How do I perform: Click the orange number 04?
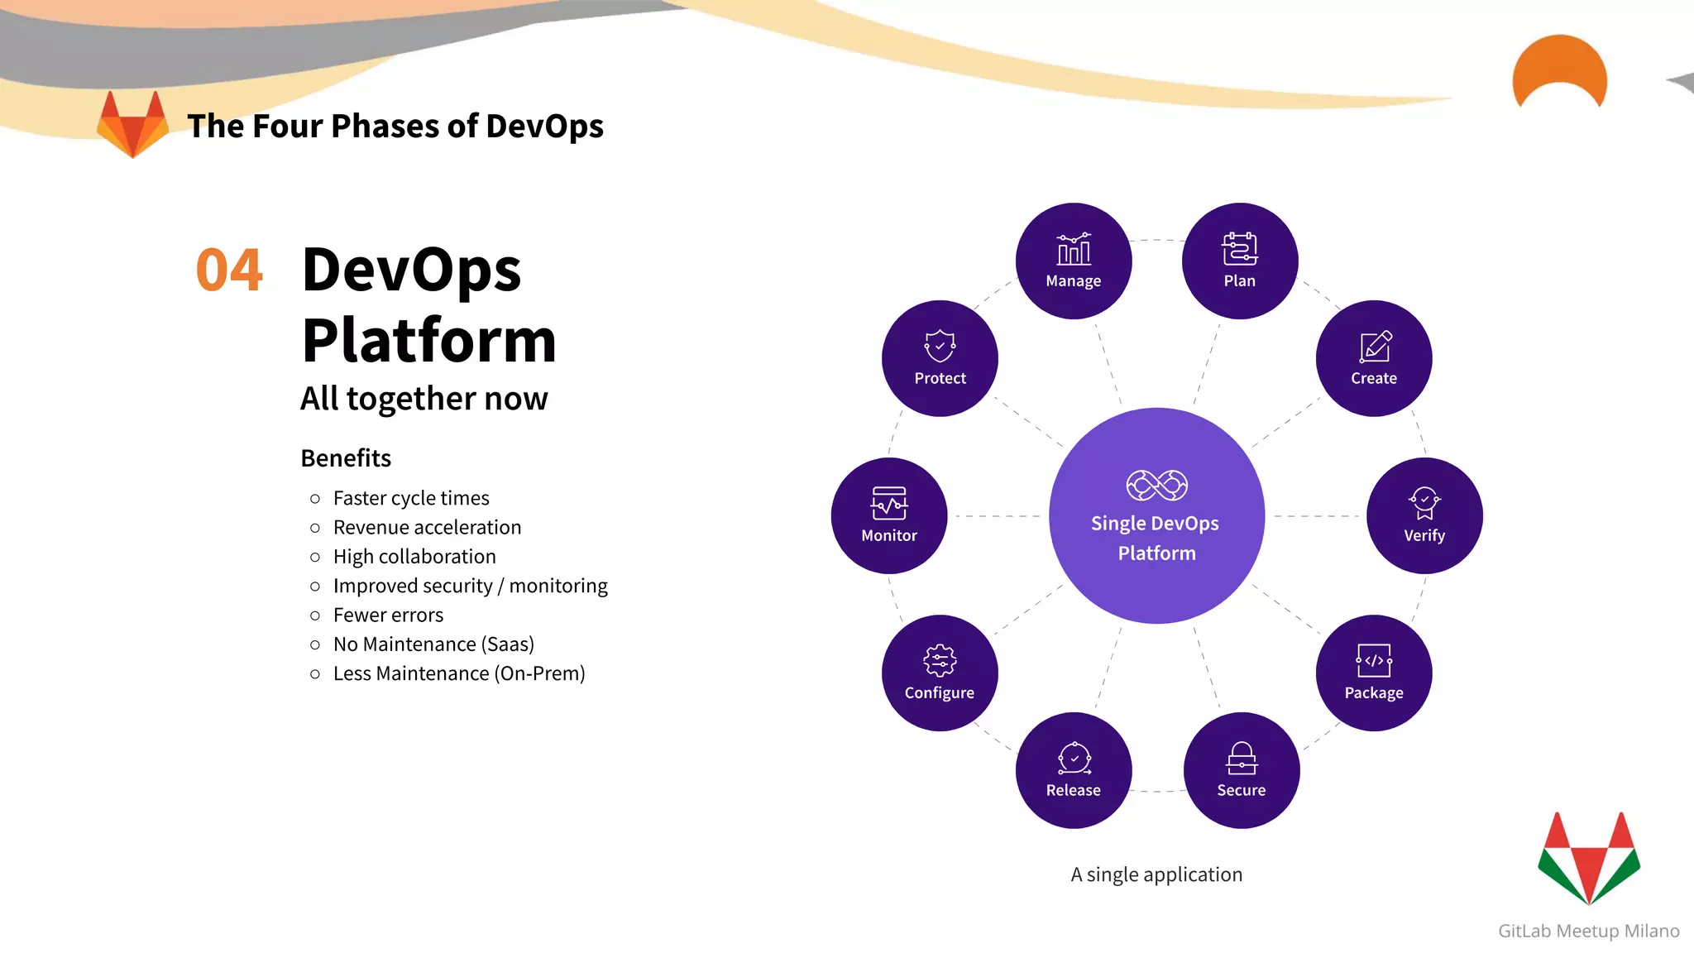229,271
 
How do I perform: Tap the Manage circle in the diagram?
1073,261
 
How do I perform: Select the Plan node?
1239,261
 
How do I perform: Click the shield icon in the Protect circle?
940,346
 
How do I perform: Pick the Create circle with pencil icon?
1373,358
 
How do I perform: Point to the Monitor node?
888,515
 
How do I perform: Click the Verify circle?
1424,515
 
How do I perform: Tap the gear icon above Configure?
940,661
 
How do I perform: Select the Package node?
1373,673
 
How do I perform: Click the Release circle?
1073,770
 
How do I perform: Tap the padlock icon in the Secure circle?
1242,758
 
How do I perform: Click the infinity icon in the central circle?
1156,486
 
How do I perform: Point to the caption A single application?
1156,874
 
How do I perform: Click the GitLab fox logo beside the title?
132,124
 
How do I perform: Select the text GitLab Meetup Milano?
1588,931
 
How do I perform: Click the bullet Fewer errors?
388,615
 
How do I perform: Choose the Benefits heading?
346,457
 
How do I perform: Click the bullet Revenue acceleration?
427,527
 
